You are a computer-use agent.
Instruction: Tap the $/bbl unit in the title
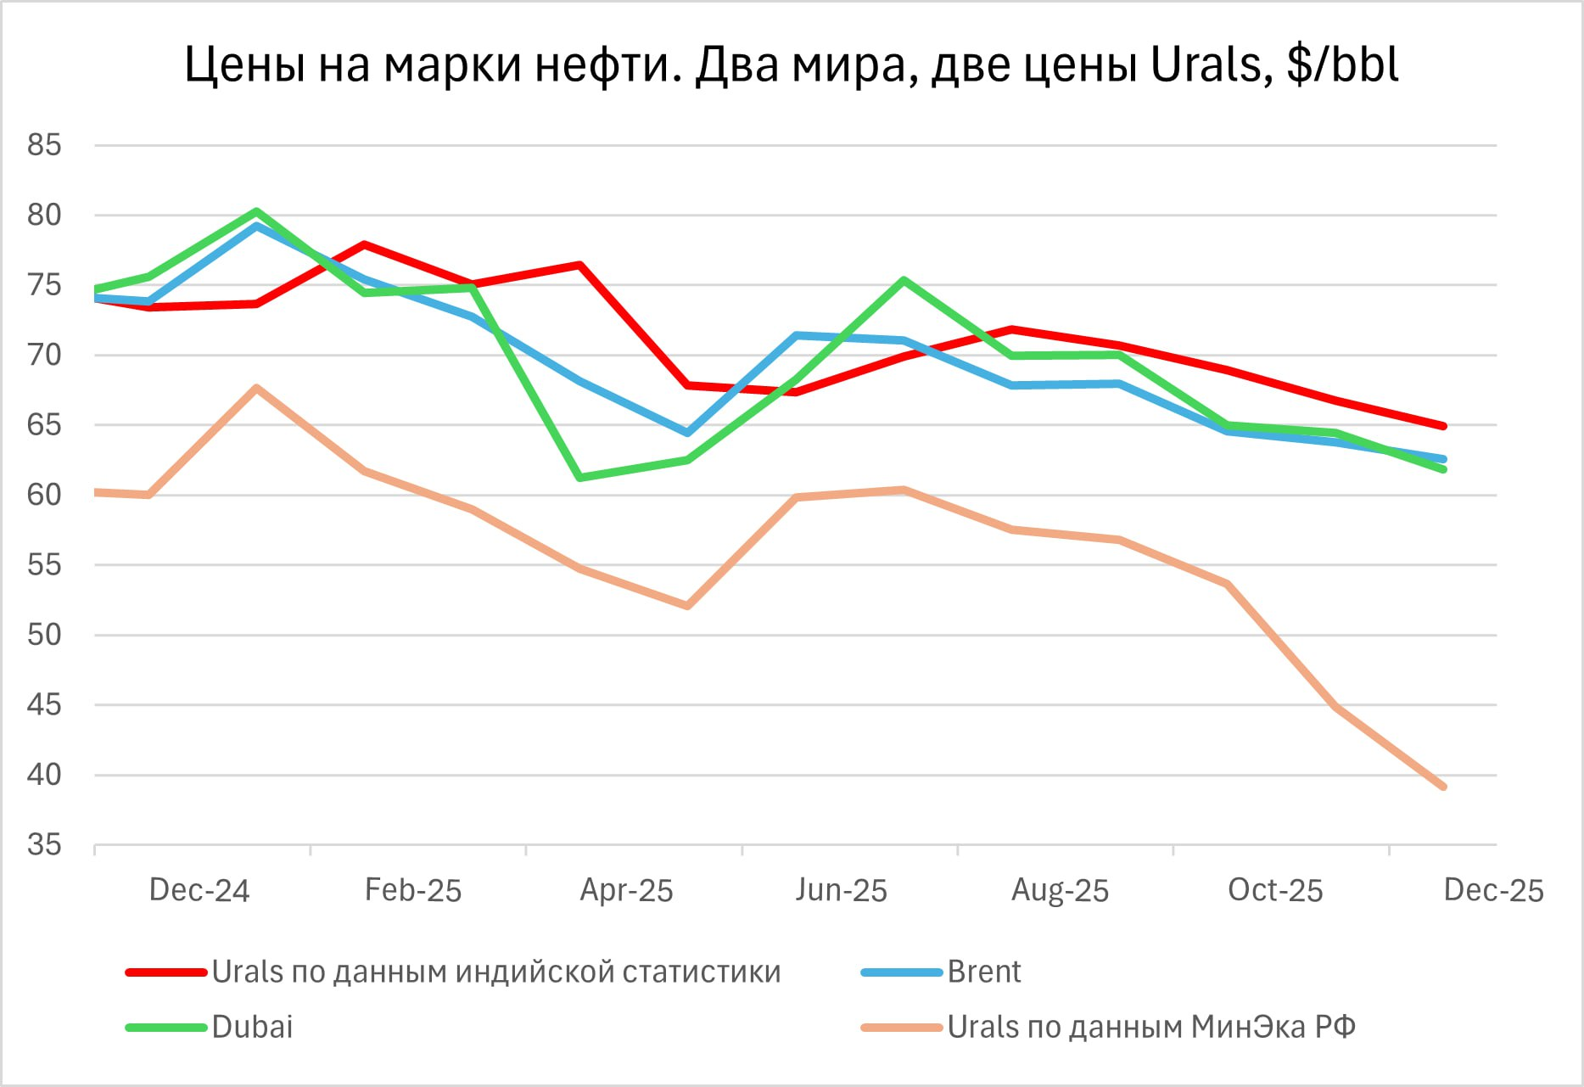pyautogui.click(x=1342, y=64)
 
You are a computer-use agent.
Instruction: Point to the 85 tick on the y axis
pyautogui.click(x=44, y=145)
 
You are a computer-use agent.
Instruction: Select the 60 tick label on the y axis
pyautogui.click(x=44, y=495)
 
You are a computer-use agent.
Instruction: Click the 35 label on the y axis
pyautogui.click(x=44, y=845)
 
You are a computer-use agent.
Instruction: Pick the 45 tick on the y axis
pyautogui.click(x=44, y=705)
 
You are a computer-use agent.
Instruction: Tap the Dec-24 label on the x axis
pyautogui.click(x=199, y=890)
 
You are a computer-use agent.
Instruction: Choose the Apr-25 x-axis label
pyautogui.click(x=626, y=890)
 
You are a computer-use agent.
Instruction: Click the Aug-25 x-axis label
pyautogui.click(x=1060, y=890)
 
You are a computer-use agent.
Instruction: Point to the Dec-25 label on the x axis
pyautogui.click(x=1493, y=890)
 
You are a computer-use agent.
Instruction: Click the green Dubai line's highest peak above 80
pyautogui.click(x=256, y=211)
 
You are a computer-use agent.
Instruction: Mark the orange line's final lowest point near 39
pyautogui.click(x=1442, y=787)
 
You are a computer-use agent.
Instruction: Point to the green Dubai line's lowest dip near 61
pyautogui.click(x=579, y=478)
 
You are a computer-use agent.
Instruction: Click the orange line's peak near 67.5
pyautogui.click(x=256, y=388)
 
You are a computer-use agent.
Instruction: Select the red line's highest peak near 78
pyautogui.click(x=364, y=244)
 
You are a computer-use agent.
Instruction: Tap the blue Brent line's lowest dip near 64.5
pyautogui.click(x=687, y=433)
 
